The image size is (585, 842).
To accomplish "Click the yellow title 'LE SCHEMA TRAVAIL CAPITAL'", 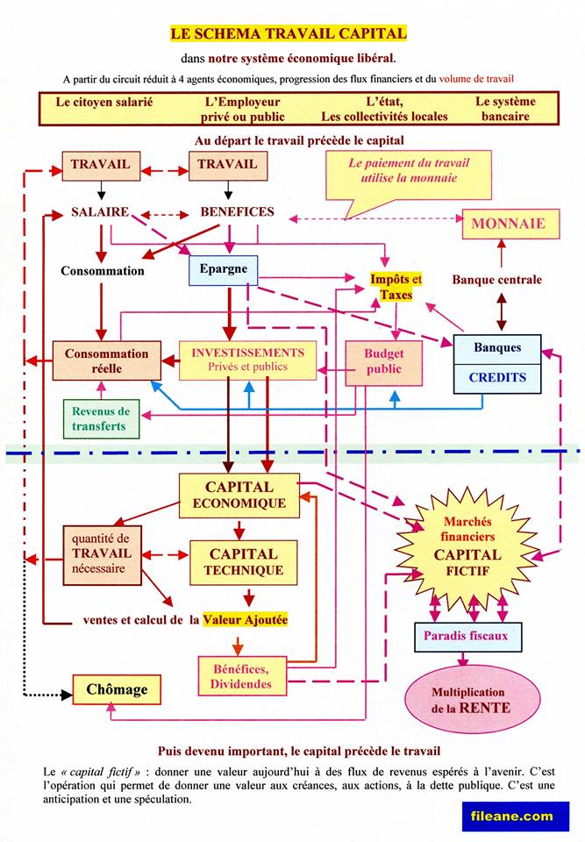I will [x=288, y=34].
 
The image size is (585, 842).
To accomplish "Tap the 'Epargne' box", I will [x=224, y=269].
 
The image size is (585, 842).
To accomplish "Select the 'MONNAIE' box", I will [x=507, y=225].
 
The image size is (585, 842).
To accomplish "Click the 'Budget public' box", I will [x=383, y=361].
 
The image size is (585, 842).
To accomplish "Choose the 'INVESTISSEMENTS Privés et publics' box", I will [x=247, y=360].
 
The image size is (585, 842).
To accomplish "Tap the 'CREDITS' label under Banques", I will [x=497, y=378].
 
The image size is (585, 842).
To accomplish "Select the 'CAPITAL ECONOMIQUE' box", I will [x=239, y=495].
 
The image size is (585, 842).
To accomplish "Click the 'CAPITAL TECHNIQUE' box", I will [x=243, y=562].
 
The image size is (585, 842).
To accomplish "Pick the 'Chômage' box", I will [x=117, y=689].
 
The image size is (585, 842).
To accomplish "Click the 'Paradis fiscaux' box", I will [x=467, y=635].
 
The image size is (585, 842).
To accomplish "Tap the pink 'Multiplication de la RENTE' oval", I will [x=470, y=699].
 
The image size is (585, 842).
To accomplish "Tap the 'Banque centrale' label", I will [x=496, y=281].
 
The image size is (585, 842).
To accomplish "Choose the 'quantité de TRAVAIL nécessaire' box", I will [x=101, y=553].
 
